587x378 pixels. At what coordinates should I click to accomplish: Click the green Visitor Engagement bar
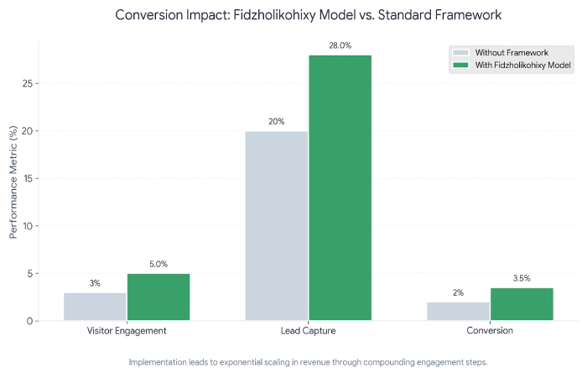(x=158, y=297)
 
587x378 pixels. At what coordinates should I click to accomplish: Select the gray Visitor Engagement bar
(x=95, y=306)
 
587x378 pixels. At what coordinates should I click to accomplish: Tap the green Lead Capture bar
(x=340, y=187)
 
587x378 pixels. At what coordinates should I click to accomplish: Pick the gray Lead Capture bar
(x=276, y=225)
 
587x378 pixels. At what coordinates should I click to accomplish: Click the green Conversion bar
(x=522, y=303)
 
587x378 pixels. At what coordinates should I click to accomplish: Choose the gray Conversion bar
(x=458, y=311)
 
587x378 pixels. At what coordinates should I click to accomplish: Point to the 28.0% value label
(x=340, y=46)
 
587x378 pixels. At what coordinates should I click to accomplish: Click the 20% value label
(x=276, y=122)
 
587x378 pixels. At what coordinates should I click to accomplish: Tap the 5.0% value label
(x=158, y=264)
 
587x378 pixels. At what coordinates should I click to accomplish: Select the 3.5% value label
(x=522, y=278)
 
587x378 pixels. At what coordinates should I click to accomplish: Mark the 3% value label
(x=95, y=283)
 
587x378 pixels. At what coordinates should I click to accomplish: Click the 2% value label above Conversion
(x=458, y=292)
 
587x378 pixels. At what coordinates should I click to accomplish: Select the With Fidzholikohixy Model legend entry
(x=512, y=65)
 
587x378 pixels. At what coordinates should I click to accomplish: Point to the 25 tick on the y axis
(x=28, y=84)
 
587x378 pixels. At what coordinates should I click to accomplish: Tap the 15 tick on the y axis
(x=28, y=179)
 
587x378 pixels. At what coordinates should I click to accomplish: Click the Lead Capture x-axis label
(x=308, y=331)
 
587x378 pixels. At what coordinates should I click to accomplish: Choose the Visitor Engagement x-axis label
(x=127, y=331)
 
